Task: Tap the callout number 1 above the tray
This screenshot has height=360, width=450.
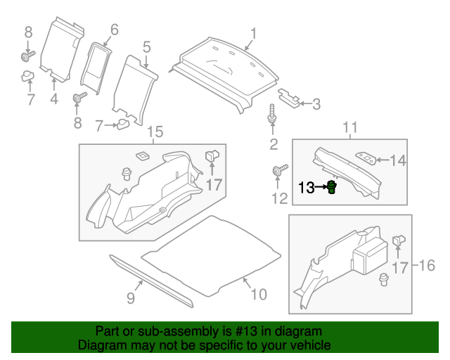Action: point(254,33)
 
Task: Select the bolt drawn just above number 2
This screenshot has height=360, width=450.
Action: point(271,117)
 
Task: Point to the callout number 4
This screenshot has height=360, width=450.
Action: point(54,99)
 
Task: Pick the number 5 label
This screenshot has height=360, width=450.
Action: point(147,47)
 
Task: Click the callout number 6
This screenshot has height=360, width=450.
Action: point(113,30)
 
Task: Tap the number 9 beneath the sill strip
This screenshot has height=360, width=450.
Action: point(130,298)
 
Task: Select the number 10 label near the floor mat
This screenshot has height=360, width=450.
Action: point(259,293)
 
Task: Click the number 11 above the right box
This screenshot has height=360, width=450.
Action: point(349,127)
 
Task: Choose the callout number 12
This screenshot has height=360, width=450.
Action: point(279,199)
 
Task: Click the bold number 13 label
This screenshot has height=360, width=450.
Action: point(307,188)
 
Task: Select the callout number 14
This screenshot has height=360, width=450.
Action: point(398,161)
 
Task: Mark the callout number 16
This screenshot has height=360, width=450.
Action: point(427,266)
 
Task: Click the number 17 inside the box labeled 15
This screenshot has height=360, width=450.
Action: point(214,185)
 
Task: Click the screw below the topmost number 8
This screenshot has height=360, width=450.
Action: point(27,53)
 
